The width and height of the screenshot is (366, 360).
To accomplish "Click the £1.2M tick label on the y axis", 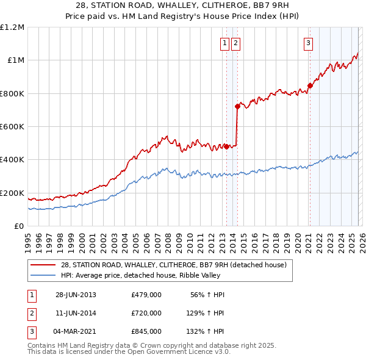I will [x=12, y=27].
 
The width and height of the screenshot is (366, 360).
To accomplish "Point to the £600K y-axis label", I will [x=12, y=127].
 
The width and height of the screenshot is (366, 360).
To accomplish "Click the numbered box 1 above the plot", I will [x=225, y=43].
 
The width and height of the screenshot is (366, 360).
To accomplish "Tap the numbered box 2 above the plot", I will [x=235, y=43].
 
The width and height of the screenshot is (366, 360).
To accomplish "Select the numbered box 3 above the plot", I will [x=309, y=43].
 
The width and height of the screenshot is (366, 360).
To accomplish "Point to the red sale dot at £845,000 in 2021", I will [x=309, y=86].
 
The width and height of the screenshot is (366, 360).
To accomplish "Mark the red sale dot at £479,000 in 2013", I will [x=226, y=146].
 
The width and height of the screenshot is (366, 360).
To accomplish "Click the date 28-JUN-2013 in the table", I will [x=76, y=294].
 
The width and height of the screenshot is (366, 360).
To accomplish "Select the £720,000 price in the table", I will [x=146, y=313].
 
